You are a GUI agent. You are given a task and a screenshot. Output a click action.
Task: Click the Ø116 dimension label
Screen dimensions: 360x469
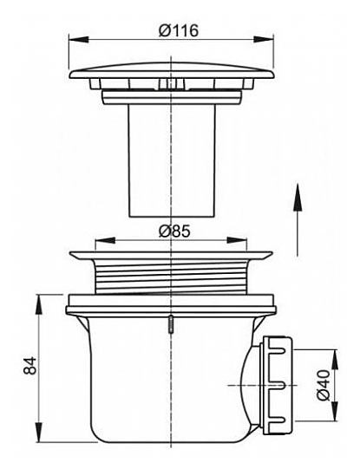click(x=179, y=30)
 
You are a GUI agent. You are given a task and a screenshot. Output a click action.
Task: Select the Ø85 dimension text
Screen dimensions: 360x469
click(x=174, y=231)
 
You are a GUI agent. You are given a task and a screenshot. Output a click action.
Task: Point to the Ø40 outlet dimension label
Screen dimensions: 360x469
click(x=324, y=385)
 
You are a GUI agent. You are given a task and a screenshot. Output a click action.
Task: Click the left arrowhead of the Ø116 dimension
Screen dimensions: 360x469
click(x=79, y=40)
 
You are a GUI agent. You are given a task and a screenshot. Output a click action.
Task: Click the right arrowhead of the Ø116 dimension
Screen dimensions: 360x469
click(x=264, y=40)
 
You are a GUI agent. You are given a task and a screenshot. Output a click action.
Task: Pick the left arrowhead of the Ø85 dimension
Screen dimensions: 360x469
click(x=105, y=240)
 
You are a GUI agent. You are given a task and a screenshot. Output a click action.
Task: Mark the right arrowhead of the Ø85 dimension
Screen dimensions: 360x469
click(x=237, y=240)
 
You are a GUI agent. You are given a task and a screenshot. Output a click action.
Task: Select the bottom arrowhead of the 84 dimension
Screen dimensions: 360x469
click(x=40, y=432)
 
